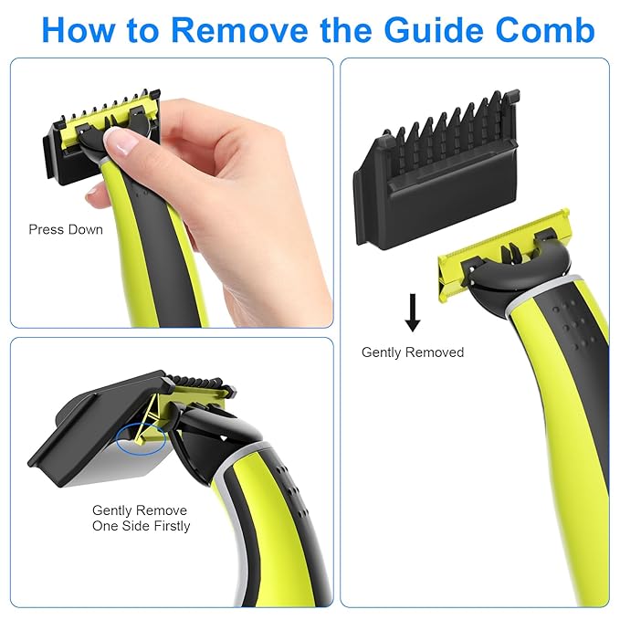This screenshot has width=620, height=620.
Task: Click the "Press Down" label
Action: (x=66, y=229)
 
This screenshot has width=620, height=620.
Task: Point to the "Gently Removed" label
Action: (x=413, y=352)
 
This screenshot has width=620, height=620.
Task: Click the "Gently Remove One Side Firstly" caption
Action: (x=140, y=518)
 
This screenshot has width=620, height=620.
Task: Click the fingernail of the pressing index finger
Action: (x=121, y=140)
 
